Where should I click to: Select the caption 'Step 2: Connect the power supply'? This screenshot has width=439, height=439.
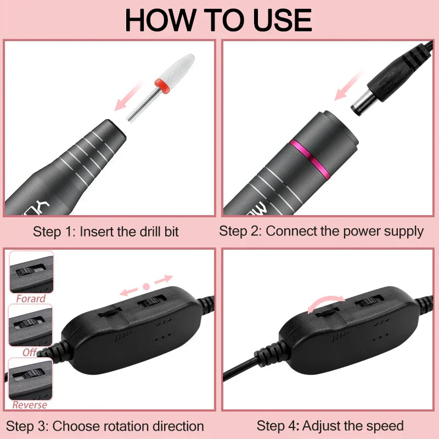[x=321, y=231]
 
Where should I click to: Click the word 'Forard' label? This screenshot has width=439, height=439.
[x=31, y=299]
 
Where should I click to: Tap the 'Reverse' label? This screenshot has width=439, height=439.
[x=30, y=406]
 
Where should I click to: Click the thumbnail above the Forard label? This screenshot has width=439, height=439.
[x=31, y=272]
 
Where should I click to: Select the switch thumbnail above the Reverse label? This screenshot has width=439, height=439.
[x=31, y=379]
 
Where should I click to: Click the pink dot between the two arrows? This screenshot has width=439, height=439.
[x=146, y=286]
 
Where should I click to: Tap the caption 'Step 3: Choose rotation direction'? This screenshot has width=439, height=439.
[x=105, y=426]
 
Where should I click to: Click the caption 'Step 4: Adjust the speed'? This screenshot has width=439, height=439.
[x=330, y=425]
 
